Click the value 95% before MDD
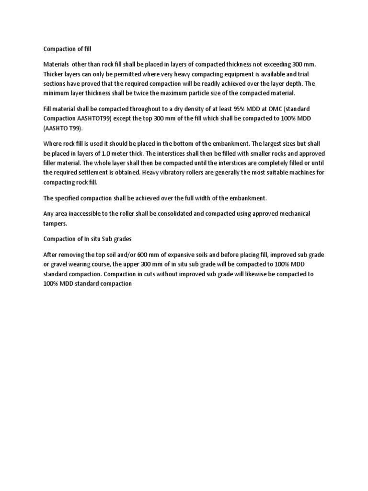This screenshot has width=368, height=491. (x=236, y=109)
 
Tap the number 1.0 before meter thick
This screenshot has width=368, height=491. (x=112, y=153)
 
